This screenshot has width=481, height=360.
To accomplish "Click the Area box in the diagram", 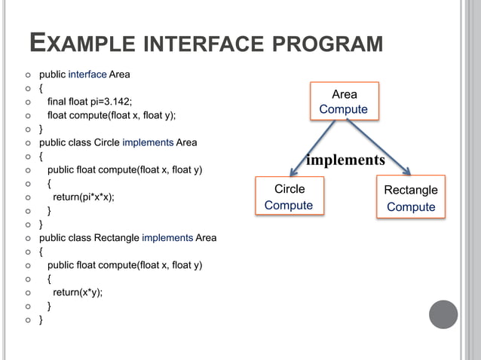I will click(344, 102).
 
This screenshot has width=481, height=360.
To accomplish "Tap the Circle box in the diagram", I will click(289, 197).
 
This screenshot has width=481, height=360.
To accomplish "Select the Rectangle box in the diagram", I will click(410, 198).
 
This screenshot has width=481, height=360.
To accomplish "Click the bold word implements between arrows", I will click(345, 160).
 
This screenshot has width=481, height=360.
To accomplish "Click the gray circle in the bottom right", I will click(443, 313).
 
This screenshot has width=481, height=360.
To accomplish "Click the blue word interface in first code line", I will click(87, 75).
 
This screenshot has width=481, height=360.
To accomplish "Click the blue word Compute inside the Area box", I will click(344, 110).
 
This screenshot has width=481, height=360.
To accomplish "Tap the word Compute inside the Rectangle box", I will click(411, 207).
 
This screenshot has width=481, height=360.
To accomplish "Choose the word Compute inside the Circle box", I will click(289, 206).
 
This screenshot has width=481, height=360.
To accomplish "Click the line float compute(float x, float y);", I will click(112, 115).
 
